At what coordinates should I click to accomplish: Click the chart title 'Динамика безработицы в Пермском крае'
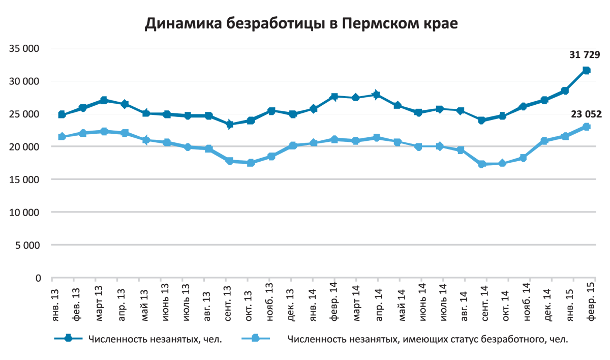[302, 24]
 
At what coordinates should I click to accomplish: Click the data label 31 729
[585, 55]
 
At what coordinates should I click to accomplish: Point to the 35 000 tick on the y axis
[24, 49]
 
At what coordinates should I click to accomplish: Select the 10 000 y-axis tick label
[24, 212]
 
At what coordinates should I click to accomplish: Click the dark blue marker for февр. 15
[586, 70]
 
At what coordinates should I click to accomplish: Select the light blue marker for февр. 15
[586, 127]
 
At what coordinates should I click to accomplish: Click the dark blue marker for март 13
[104, 100]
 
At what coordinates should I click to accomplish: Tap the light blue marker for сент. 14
[482, 164]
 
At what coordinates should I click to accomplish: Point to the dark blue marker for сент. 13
[230, 124]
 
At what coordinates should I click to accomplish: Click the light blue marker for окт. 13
[251, 163]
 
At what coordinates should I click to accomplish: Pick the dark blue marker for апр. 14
[376, 95]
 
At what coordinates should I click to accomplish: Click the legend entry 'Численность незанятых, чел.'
[155, 339]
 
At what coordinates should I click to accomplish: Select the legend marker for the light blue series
[255, 339]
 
